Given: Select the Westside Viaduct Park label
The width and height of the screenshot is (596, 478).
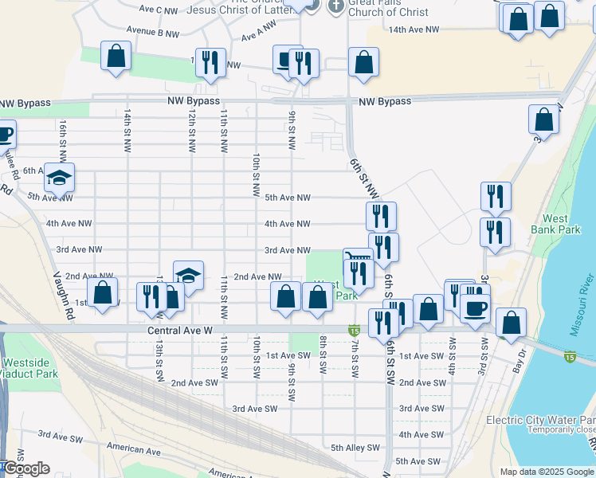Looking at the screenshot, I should tap(30, 368).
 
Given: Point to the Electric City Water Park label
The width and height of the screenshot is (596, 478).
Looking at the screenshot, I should tap(541, 420).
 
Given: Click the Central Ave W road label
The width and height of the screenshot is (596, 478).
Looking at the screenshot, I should tap(179, 329).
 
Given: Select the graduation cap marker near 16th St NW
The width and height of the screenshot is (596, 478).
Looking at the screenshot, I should tap(59, 178).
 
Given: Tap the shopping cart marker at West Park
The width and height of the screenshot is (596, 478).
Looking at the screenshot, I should tap(358, 257).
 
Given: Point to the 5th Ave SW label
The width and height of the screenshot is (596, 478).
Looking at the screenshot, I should tap(418, 461).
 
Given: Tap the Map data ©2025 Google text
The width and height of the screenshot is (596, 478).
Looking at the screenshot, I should tap(547, 472).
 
